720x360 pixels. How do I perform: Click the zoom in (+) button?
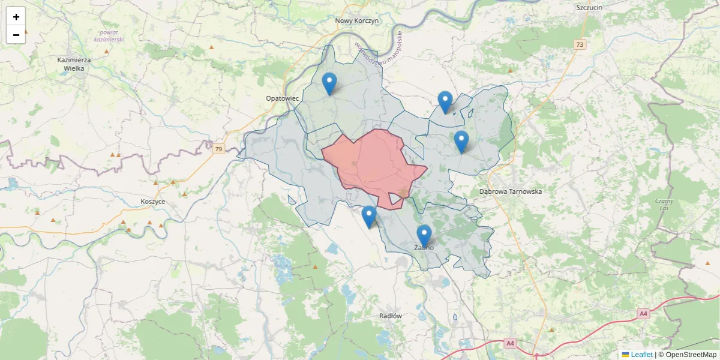click(16, 17)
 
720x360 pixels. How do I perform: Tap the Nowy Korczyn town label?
click(357, 20)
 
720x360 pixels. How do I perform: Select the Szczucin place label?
click(589, 7)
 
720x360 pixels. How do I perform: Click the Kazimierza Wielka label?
click(74, 64)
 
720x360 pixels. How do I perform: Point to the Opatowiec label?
click(282, 98)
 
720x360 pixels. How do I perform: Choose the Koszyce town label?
click(153, 202)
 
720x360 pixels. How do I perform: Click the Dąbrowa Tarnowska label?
click(511, 191)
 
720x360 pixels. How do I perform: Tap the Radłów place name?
click(391, 316)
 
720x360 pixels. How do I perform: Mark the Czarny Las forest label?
click(664, 205)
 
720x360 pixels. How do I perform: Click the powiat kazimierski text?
click(112, 35)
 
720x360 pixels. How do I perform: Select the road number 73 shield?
click(579, 44)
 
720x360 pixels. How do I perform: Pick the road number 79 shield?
click(218, 149)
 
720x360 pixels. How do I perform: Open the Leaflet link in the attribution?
click(641, 355)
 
